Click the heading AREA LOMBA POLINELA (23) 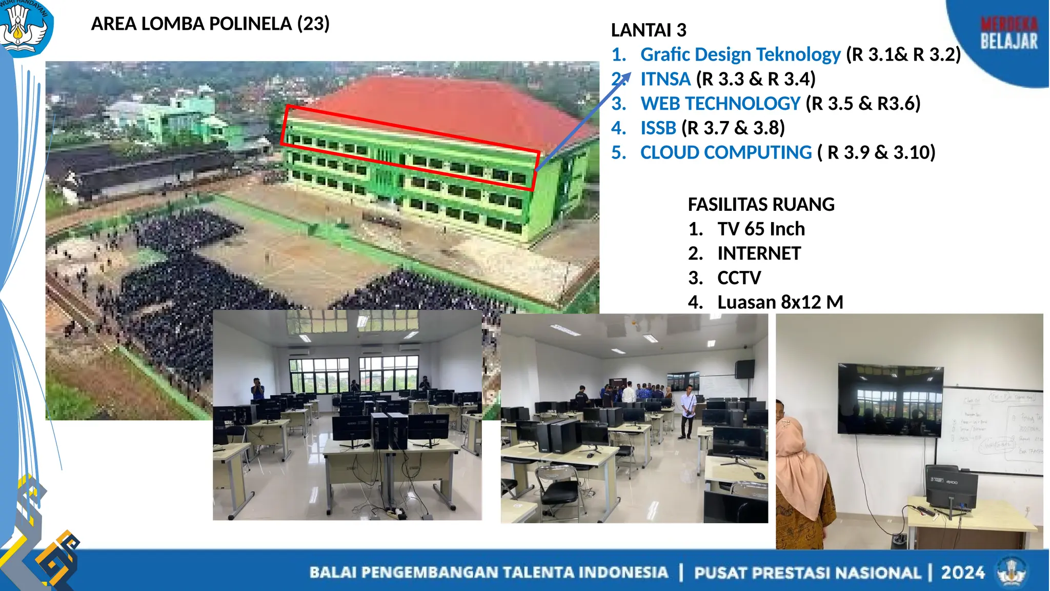(x=210, y=24)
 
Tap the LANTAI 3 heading (x=649, y=30)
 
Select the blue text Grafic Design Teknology (x=740, y=54)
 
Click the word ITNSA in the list (x=665, y=79)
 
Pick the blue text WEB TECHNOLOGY (x=720, y=104)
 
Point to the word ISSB (x=658, y=128)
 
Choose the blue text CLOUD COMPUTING (x=726, y=153)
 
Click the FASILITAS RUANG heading (x=761, y=205)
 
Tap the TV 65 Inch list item (x=761, y=229)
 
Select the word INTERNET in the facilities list (x=759, y=253)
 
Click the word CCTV (x=739, y=278)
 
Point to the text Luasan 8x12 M (x=780, y=303)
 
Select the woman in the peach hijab (x=800, y=477)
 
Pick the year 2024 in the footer (x=962, y=573)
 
